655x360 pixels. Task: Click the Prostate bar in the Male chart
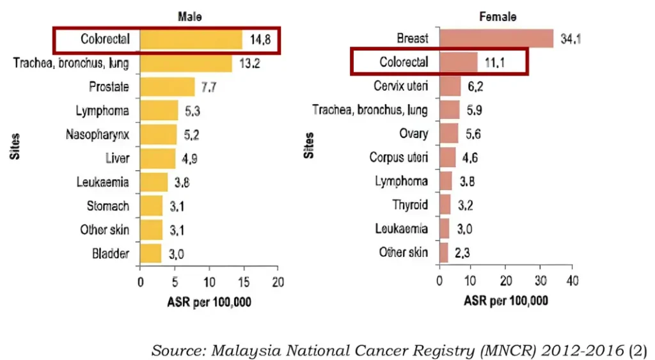(x=167, y=87)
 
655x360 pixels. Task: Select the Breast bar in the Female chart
(x=496, y=39)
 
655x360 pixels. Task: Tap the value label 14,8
(x=260, y=40)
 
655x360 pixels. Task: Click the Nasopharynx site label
(x=97, y=134)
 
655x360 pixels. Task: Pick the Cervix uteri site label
(x=400, y=86)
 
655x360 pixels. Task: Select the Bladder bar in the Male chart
(x=151, y=253)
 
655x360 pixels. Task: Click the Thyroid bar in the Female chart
(x=445, y=205)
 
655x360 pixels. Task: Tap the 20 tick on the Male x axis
(x=277, y=282)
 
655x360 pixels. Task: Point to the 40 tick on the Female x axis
(x=573, y=282)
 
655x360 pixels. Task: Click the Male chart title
(x=189, y=17)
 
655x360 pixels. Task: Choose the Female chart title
(x=498, y=17)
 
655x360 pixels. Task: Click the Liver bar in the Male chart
(x=157, y=158)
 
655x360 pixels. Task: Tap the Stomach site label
(x=108, y=206)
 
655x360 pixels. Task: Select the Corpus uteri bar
(x=447, y=157)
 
